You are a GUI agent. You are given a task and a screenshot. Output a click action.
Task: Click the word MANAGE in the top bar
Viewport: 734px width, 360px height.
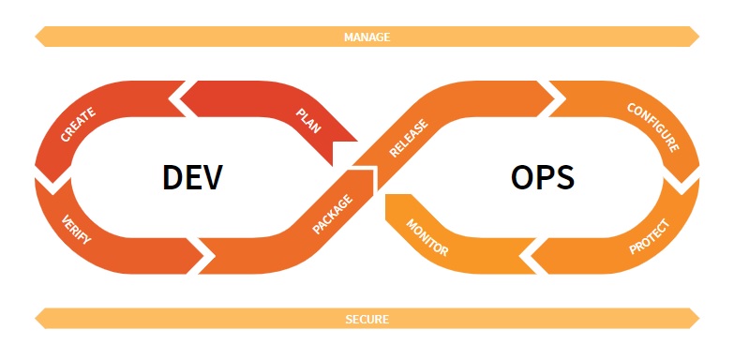[367, 37]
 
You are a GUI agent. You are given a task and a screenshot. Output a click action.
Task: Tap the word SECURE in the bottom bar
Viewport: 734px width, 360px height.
[367, 319]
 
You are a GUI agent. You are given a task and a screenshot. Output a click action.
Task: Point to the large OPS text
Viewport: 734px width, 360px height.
[543, 177]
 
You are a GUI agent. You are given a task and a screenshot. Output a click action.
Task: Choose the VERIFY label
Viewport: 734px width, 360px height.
[76, 229]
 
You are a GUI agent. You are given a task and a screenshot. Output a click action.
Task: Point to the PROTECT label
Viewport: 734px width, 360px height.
[649, 236]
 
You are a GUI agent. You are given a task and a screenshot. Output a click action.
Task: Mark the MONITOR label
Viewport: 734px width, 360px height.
[427, 238]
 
